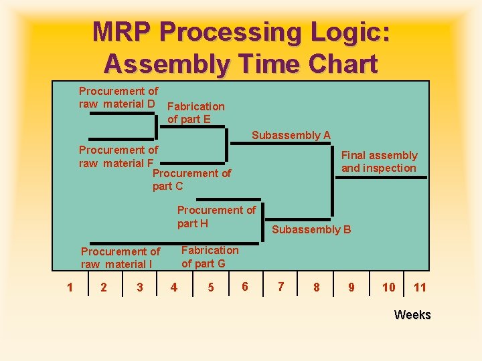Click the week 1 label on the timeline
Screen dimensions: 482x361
(x=70, y=287)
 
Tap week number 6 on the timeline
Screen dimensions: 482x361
(x=245, y=287)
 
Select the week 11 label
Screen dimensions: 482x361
(x=420, y=287)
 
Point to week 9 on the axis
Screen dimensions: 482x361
(x=351, y=287)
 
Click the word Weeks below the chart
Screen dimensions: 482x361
(x=412, y=315)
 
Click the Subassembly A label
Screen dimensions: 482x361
(x=291, y=135)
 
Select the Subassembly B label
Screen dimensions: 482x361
(x=311, y=230)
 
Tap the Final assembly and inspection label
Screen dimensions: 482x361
(x=379, y=162)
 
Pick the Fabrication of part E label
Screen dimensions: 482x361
(x=195, y=113)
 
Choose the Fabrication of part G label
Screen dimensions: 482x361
(x=210, y=257)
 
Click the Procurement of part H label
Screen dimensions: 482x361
(x=216, y=217)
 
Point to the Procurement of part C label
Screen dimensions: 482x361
(x=191, y=180)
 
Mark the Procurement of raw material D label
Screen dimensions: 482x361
(x=118, y=97)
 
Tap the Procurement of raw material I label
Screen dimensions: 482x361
(x=120, y=258)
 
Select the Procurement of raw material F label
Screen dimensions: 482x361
(x=118, y=156)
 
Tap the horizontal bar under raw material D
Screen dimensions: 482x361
(x=123, y=114)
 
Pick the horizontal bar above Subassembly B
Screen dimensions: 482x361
(x=298, y=219)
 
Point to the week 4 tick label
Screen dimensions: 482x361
(x=174, y=287)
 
